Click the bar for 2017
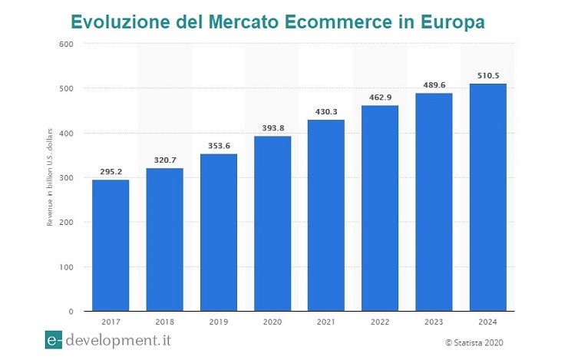pos(111,246)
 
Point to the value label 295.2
pos(111,172)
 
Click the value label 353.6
pos(219,146)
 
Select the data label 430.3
pos(326,112)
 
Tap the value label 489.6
pos(434,85)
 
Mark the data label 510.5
pos(487,76)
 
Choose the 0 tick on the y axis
pos(70,312)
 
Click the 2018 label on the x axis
pos(164,322)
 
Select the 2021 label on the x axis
pos(326,322)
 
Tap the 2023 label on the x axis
pos(434,322)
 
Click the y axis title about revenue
pos(50,178)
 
